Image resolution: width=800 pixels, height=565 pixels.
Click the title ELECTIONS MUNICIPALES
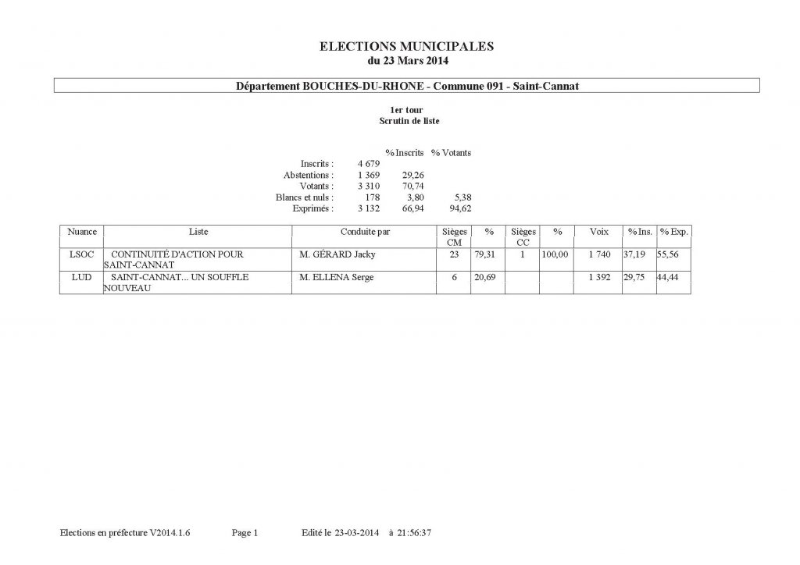pos(407,47)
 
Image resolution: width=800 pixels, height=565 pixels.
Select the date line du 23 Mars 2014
pos(407,60)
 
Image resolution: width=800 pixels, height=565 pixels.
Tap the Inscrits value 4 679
pos(368,164)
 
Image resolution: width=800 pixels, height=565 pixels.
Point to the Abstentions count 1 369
pos(368,176)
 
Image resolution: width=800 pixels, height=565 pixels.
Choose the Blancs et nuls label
pos(305,198)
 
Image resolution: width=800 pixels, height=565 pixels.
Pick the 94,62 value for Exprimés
pos(459,209)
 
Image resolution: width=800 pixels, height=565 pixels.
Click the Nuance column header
pos(82,233)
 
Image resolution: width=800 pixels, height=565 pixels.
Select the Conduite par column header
pos(365,233)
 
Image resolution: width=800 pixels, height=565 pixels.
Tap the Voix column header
pos(599,233)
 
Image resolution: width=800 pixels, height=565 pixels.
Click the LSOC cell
pos(82,255)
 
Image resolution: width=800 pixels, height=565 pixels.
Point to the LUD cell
pos(82,278)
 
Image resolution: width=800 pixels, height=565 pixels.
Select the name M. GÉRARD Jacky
pos(338,255)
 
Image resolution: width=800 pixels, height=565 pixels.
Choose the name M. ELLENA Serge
pos(337,278)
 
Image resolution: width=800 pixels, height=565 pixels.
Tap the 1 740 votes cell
pos(599,255)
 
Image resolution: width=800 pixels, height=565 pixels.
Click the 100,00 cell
pos(558,255)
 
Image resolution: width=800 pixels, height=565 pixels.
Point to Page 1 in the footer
pos(245,533)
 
